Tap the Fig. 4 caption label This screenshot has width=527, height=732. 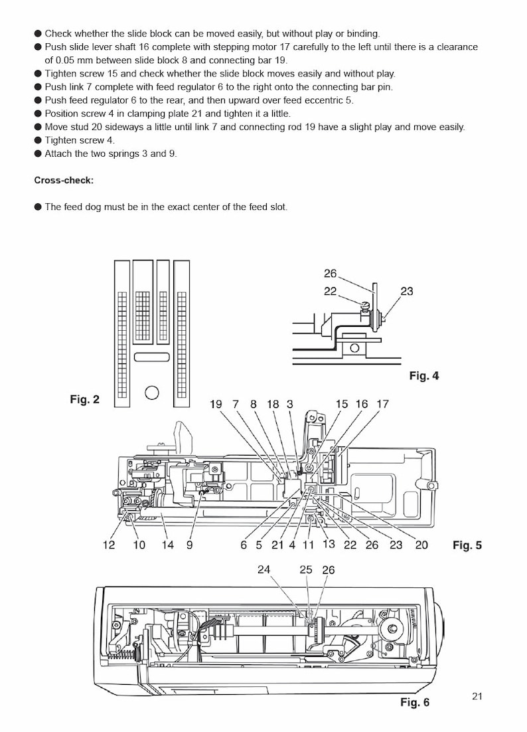click(x=423, y=376)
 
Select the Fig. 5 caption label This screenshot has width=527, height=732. click(x=467, y=545)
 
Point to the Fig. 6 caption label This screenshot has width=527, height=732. click(x=415, y=702)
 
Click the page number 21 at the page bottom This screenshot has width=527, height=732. click(x=477, y=696)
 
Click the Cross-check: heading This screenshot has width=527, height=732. click(x=64, y=180)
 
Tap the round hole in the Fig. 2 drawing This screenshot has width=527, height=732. click(x=152, y=392)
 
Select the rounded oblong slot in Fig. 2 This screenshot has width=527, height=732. click(x=152, y=357)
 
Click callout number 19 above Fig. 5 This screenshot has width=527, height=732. click(x=216, y=404)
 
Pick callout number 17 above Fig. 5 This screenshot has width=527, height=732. click(x=382, y=404)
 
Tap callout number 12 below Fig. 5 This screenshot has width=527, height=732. click(x=109, y=545)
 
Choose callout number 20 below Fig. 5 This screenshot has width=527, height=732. click(x=421, y=545)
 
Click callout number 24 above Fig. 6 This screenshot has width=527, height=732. click(x=263, y=569)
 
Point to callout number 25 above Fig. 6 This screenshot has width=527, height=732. click(x=305, y=569)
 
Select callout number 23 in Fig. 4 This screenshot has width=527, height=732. click(x=406, y=291)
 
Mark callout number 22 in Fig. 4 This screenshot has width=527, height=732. click(x=330, y=291)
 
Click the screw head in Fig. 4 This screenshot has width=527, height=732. click(x=364, y=305)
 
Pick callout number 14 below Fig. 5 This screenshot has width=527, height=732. click(x=168, y=545)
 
